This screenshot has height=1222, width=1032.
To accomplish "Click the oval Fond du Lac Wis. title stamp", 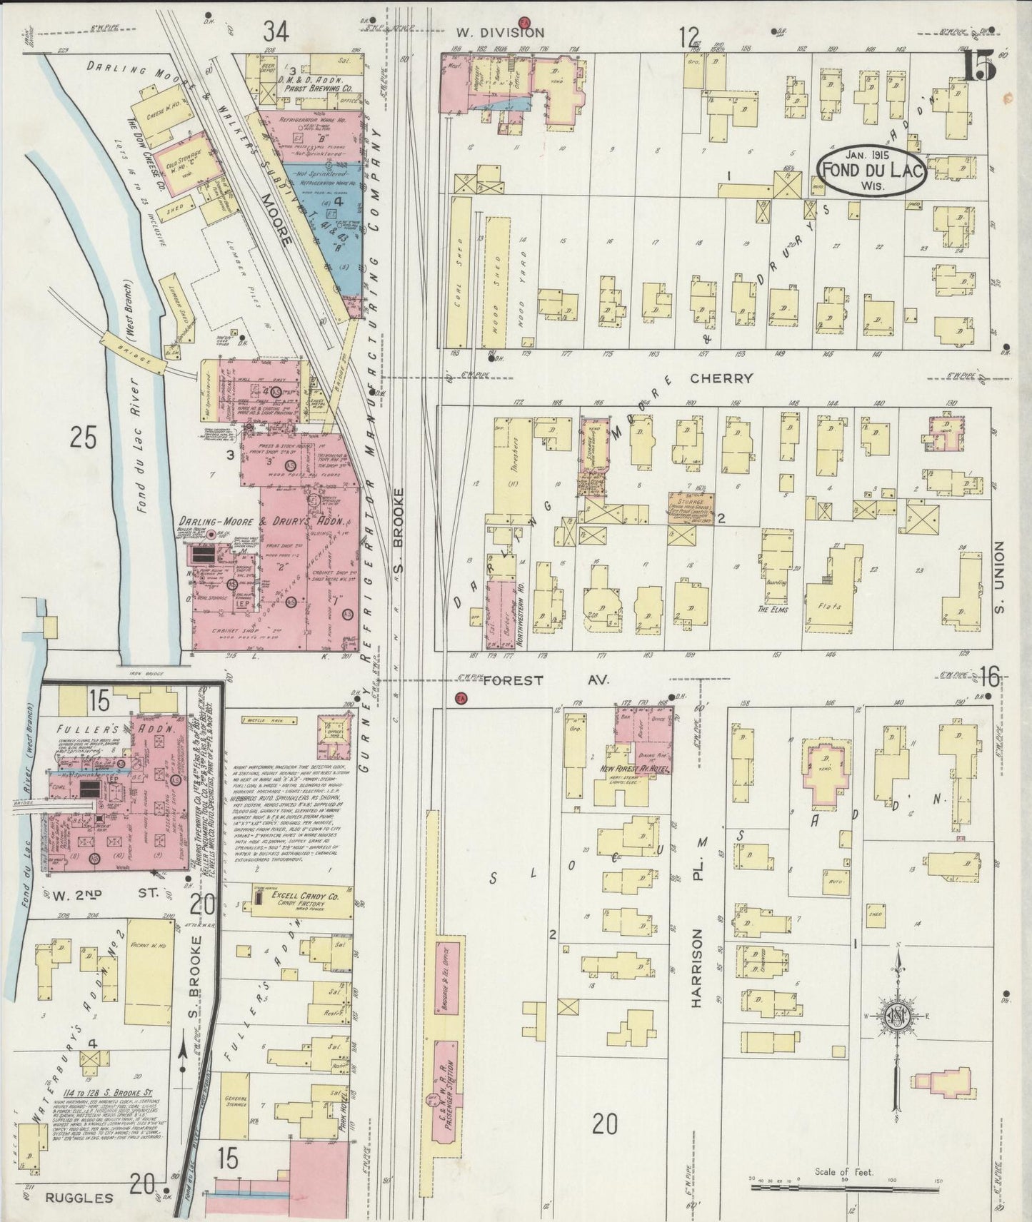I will point(873,170).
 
